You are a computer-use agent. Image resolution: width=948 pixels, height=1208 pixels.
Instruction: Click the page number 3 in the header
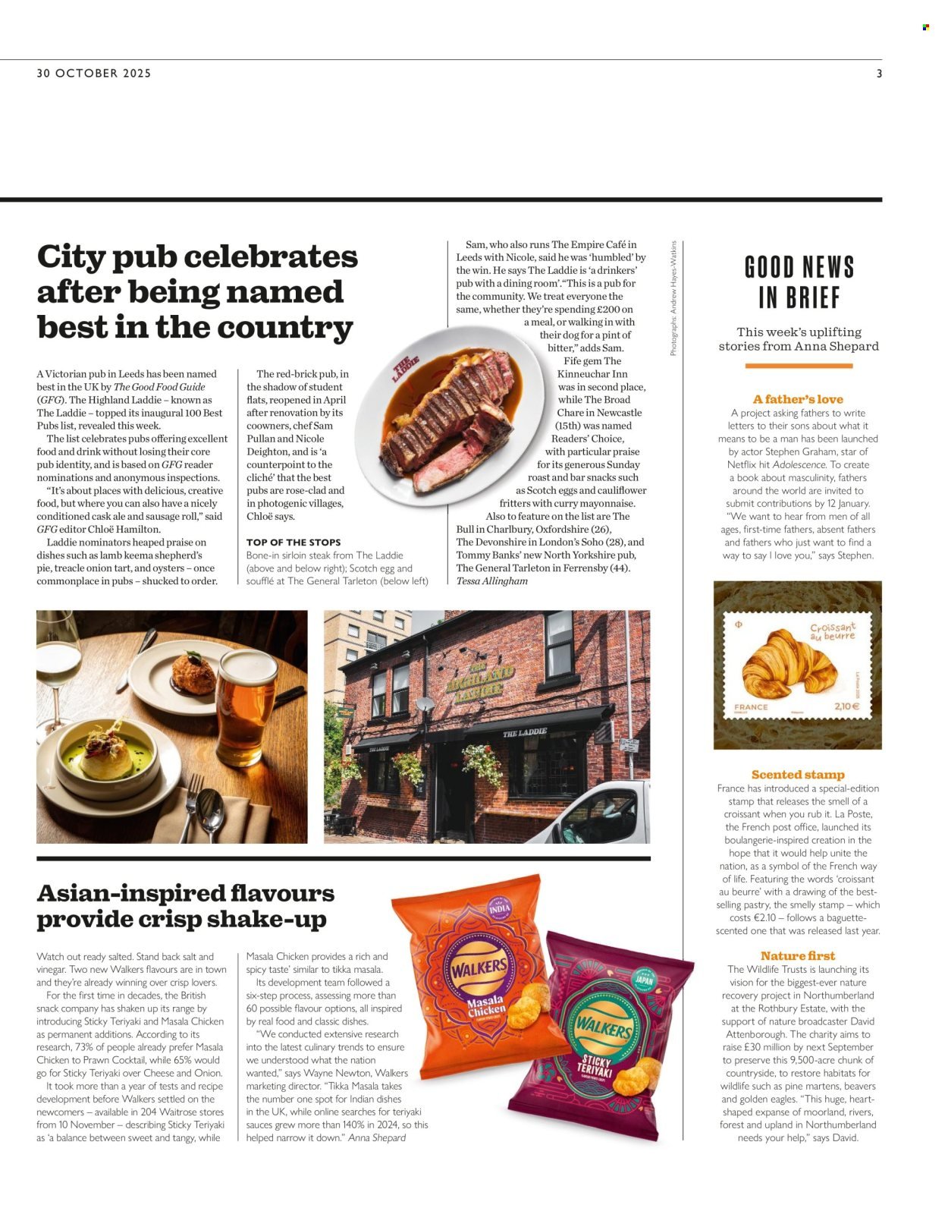[879, 74]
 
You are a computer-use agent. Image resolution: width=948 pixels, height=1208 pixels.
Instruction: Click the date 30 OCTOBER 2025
[94, 74]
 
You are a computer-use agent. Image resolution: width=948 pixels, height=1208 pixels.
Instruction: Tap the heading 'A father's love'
[797, 399]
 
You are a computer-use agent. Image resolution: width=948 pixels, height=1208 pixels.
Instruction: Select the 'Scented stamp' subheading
[797, 775]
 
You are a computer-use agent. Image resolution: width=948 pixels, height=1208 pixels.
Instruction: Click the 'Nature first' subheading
[797, 956]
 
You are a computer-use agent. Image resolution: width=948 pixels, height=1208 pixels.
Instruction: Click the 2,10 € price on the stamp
[846, 706]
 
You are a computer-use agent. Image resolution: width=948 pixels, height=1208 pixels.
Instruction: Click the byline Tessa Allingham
[491, 581]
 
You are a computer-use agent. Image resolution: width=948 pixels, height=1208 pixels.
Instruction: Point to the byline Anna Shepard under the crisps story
[377, 1137]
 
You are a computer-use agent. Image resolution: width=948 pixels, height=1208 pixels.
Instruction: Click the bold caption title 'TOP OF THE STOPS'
[294, 543]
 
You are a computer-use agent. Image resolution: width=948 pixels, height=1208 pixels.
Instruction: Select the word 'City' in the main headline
[70, 256]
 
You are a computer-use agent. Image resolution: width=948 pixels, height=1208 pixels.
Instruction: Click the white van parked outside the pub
[599, 816]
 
